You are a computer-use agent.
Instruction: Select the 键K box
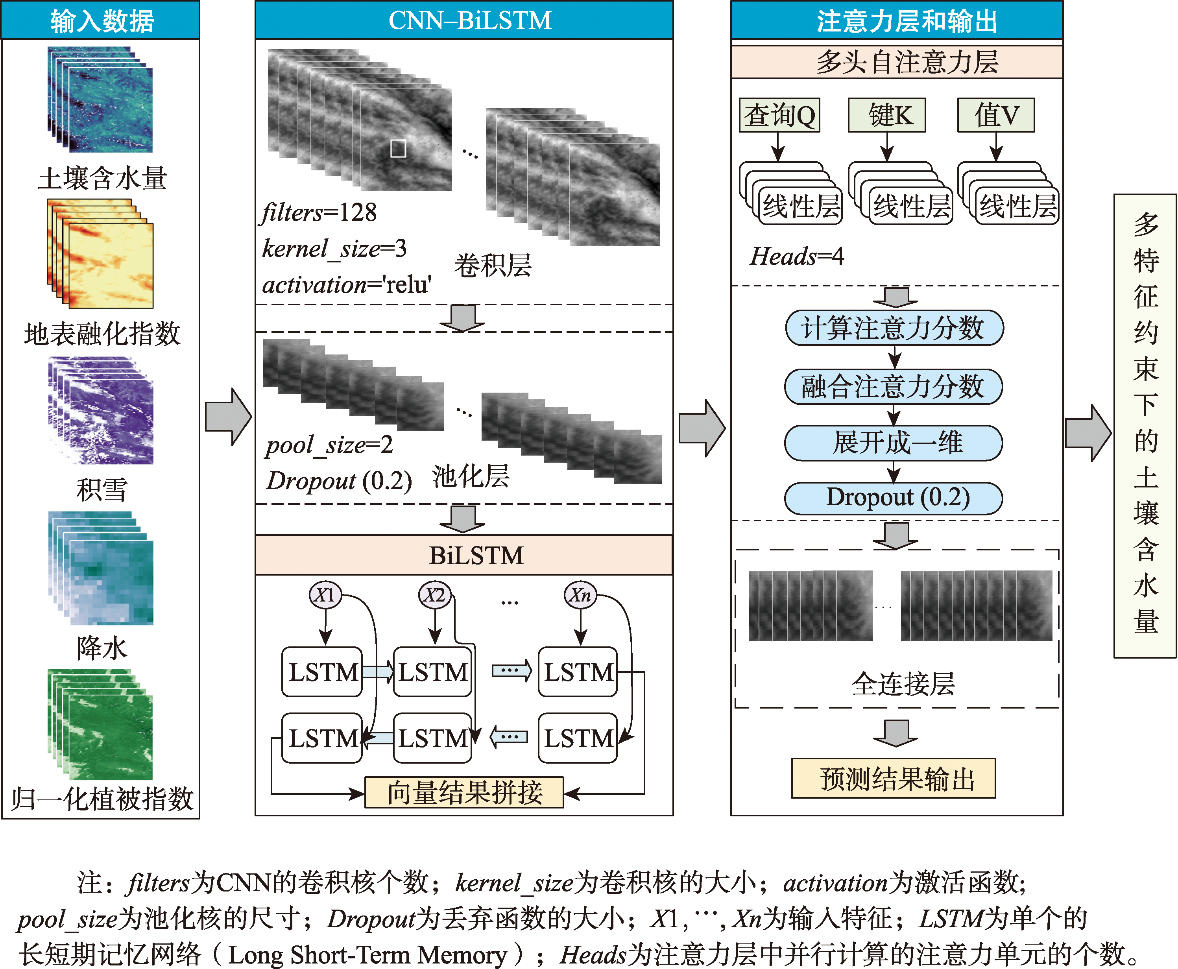[886, 115]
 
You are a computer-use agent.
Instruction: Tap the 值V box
[996, 115]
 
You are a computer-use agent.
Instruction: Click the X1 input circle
[325, 594]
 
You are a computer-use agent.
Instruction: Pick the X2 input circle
[435, 594]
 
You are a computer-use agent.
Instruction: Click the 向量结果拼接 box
[463, 792]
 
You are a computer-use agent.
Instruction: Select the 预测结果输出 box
[893, 778]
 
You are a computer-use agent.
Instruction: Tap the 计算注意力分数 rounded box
[894, 328]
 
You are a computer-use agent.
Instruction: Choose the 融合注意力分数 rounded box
[893, 386]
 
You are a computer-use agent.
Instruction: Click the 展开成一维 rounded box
[893, 443]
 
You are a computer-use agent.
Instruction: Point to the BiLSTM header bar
[464, 555]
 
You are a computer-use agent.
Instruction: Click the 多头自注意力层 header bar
[897, 61]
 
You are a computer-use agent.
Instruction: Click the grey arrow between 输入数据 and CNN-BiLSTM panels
[228, 416]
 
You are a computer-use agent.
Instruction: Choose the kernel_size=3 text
[334, 248]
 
